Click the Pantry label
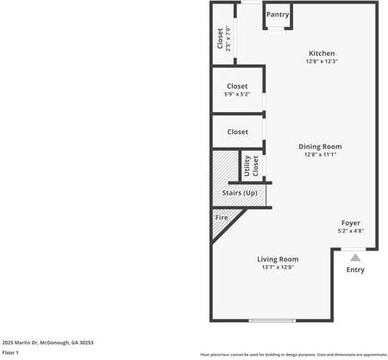tap(278, 15)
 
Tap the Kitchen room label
tap(322, 53)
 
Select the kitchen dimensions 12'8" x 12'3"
tap(322, 61)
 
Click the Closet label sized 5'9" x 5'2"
tap(237, 86)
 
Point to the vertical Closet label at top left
tap(220, 39)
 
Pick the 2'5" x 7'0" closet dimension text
tap(228, 39)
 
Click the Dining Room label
tap(321, 146)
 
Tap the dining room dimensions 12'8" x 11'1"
tap(321, 155)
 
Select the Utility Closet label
tap(250, 165)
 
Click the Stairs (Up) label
tap(240, 193)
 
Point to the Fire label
tap(221, 217)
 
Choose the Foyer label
tap(350, 223)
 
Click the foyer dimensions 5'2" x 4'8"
tap(350, 231)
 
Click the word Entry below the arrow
tap(355, 270)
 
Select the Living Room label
tap(278, 259)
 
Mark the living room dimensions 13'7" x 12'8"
tap(278, 268)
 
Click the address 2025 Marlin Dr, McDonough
tap(47, 342)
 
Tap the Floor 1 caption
tap(10, 352)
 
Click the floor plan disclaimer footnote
tap(293, 354)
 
